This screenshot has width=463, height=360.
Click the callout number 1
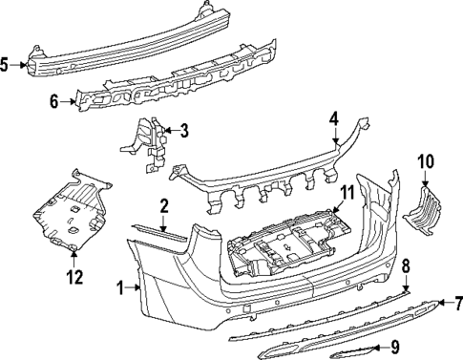coord(121,286)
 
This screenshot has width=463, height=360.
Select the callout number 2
coord(164,205)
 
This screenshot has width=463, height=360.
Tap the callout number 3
coord(183,130)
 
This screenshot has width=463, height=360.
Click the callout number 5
coord(7,65)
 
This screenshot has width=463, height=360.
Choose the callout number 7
coord(456,304)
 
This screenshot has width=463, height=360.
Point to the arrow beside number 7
coord(445,304)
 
